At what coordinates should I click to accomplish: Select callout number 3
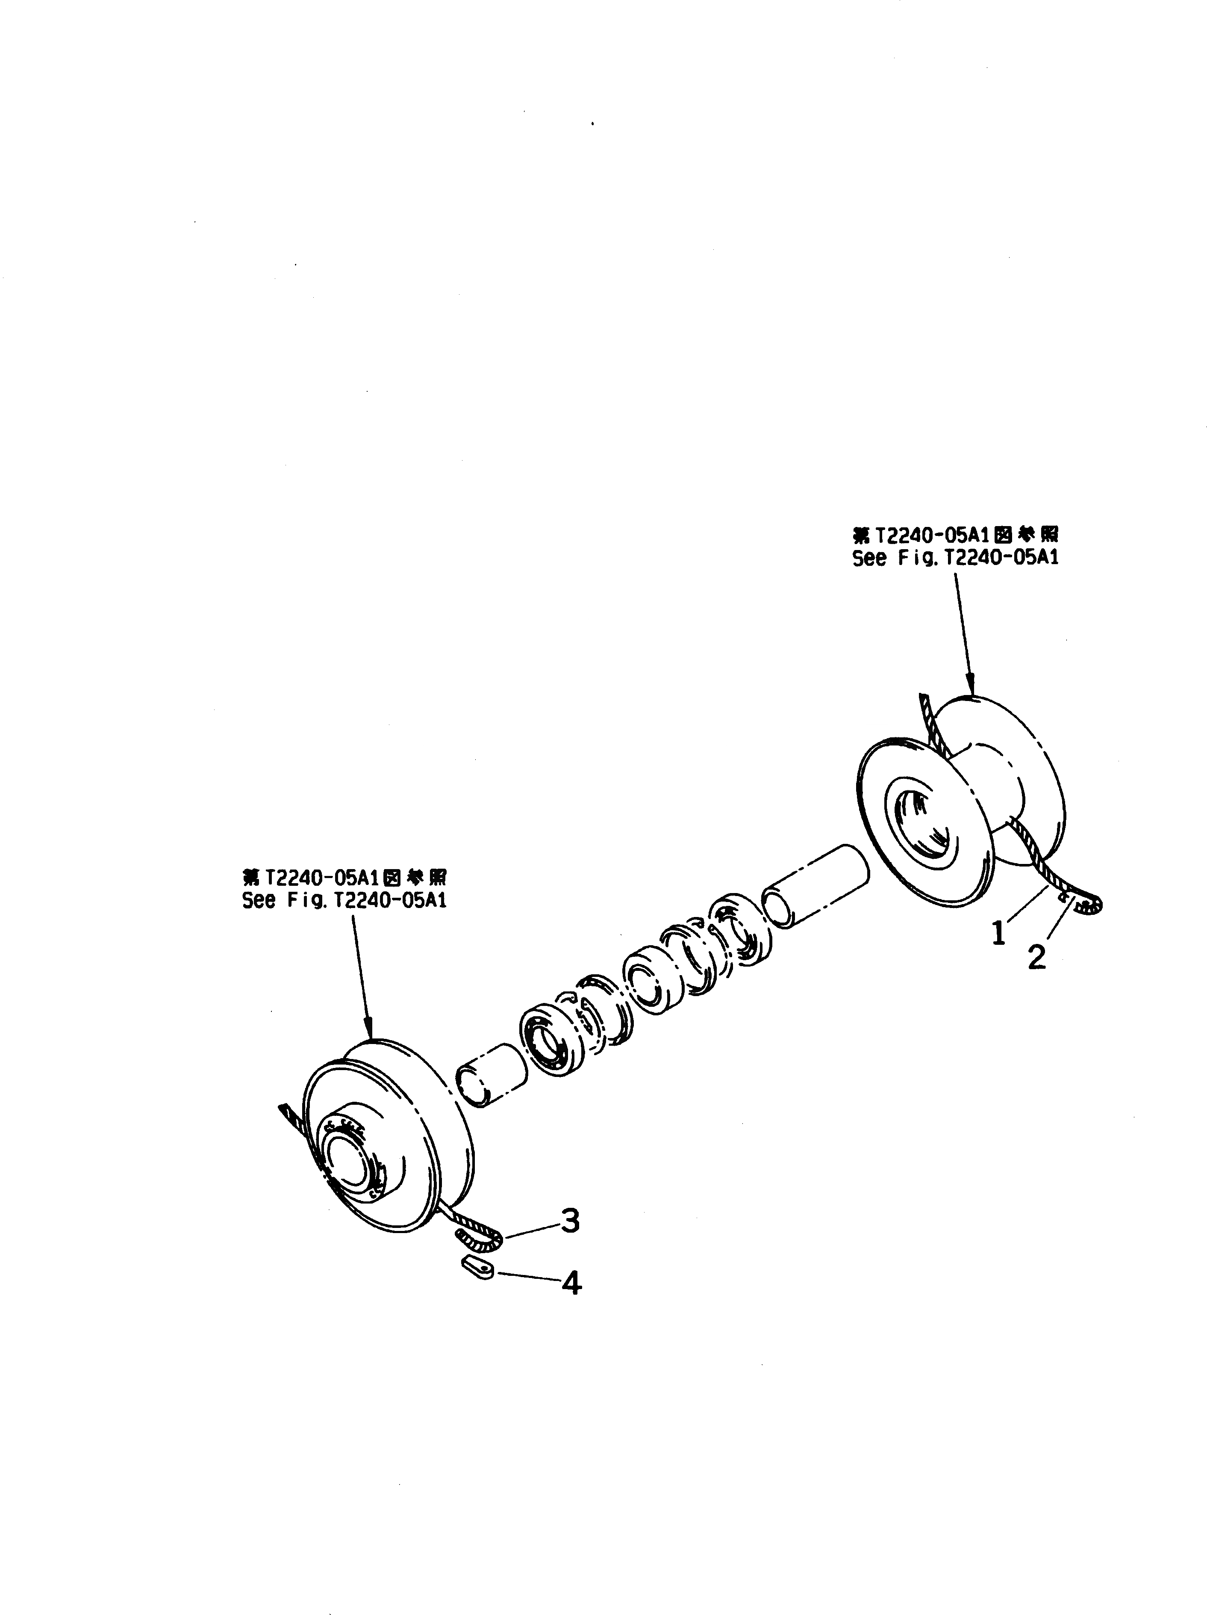point(570,1220)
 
